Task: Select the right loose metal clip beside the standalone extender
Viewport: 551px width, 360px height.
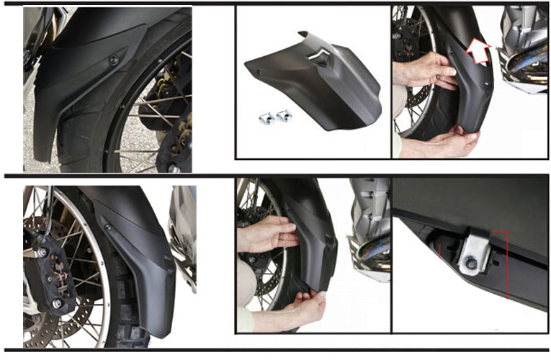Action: click(x=284, y=115)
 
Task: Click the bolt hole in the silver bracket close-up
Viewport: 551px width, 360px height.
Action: click(x=471, y=265)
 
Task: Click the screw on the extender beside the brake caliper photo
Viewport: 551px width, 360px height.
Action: click(x=108, y=228)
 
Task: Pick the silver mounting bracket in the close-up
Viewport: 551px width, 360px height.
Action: click(x=475, y=252)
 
